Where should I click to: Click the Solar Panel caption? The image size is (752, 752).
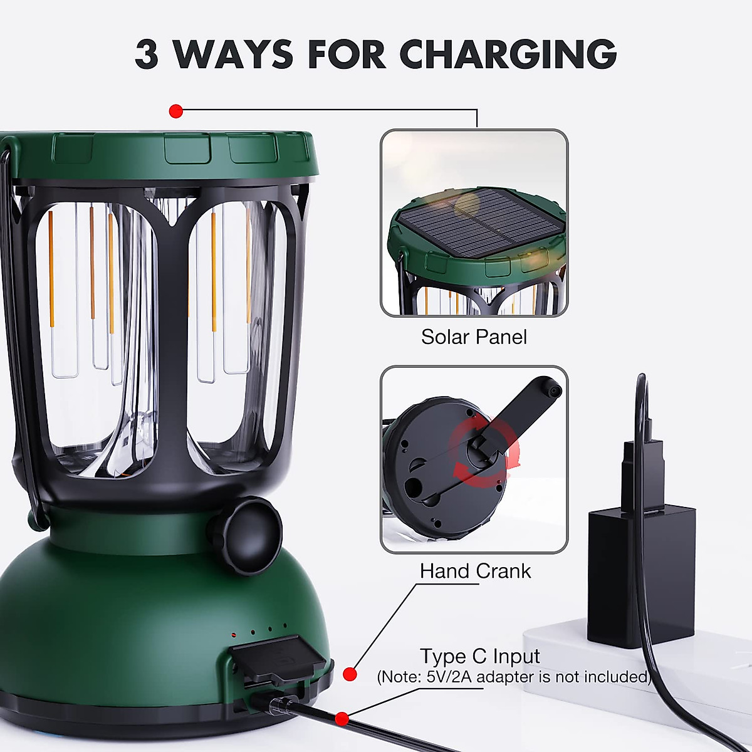pyautogui.click(x=474, y=337)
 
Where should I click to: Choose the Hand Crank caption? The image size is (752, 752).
pyautogui.click(x=475, y=571)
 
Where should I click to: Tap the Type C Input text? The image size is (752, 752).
pyautogui.click(x=479, y=656)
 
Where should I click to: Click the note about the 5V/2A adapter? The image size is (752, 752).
pyautogui.click(x=514, y=677)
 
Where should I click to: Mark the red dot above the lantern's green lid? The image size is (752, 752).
pyautogui.click(x=176, y=112)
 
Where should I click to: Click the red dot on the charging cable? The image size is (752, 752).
pyautogui.click(x=342, y=718)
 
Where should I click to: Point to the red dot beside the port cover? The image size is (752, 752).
pyautogui.click(x=351, y=674)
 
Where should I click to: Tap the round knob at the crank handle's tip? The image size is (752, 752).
pyautogui.click(x=551, y=387)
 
